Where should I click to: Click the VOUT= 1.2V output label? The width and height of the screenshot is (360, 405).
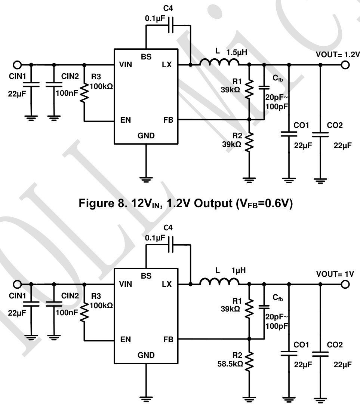pos(337,55)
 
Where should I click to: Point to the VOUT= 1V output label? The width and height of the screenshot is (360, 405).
pos(335,274)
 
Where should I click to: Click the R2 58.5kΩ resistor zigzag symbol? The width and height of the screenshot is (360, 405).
pos(249,362)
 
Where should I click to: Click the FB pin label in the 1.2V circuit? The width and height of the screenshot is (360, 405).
pos(168,120)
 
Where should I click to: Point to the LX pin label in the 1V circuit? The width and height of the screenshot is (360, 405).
pos(167,284)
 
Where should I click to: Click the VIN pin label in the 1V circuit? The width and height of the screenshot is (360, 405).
pos(126,284)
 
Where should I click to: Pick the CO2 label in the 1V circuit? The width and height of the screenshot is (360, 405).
pos(335,345)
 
